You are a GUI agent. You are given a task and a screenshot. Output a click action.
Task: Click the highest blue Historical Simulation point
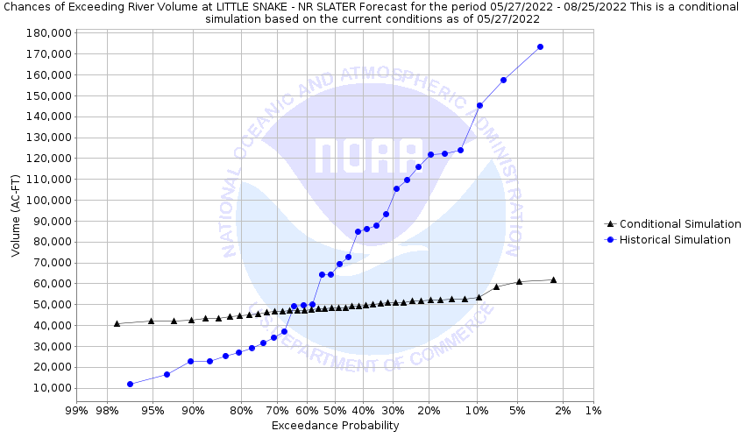coord(540,46)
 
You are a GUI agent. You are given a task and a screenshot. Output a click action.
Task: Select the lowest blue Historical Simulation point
coord(130,384)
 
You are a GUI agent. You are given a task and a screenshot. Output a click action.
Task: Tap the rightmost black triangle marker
coord(553,279)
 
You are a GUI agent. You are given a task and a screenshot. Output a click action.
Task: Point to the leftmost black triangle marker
coord(117,323)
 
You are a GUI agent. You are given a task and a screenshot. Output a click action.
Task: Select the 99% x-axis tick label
coord(76,410)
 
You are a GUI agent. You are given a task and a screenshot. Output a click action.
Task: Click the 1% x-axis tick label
coord(592,410)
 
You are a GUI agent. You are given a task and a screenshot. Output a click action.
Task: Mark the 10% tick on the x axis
coord(477,410)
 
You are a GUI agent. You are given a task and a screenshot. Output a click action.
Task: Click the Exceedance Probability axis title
coord(335,426)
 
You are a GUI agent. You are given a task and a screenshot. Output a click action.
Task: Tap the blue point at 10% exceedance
coord(479,105)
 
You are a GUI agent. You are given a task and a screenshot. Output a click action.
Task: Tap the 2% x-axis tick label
coord(563,410)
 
